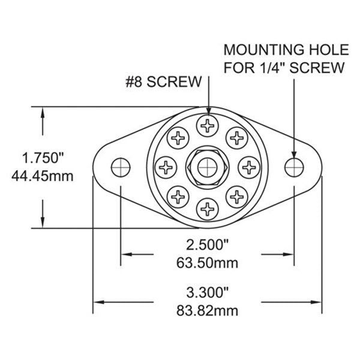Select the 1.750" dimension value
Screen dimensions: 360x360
tap(43, 158)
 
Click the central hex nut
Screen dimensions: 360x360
tap(208, 165)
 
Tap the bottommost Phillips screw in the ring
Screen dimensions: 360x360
tap(208, 207)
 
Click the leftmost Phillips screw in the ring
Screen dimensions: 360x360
tap(166, 166)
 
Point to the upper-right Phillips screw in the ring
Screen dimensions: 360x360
tap(237, 137)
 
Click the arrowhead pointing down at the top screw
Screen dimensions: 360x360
tap(208, 111)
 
